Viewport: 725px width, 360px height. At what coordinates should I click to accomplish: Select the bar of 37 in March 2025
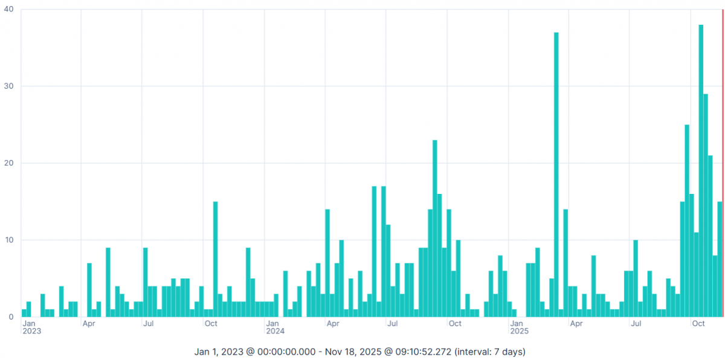point(556,175)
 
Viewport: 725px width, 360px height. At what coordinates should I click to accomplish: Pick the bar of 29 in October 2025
point(706,205)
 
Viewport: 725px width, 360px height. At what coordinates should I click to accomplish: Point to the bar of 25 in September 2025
point(687,220)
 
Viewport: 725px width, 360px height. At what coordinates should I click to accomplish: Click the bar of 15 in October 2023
point(215,259)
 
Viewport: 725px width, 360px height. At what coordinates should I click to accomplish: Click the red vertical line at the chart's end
point(723,163)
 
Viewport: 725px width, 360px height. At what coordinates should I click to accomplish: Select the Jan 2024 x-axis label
point(275,327)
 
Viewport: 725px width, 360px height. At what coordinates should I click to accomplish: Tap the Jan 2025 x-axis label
point(519,327)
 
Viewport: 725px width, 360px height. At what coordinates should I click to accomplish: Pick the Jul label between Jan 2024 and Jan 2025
point(393,323)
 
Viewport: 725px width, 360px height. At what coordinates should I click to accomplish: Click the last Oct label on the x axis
point(698,323)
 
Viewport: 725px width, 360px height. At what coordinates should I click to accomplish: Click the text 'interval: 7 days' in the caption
point(488,351)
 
